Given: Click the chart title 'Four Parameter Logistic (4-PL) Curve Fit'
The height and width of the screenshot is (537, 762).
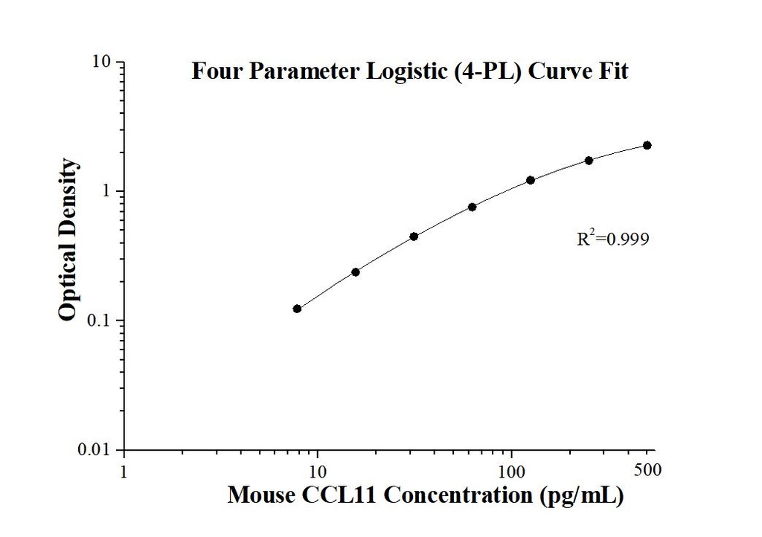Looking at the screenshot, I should pos(410,71).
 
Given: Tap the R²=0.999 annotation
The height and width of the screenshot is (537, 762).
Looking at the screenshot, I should pos(613,239).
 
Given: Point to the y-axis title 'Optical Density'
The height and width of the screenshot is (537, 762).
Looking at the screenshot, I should pos(68,240).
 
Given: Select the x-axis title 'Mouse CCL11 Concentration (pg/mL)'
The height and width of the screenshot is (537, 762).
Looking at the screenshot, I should pos(425,494).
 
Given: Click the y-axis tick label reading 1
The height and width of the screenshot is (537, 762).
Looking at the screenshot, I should pos(106,191).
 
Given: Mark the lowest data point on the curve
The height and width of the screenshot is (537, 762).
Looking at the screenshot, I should pos(297,309).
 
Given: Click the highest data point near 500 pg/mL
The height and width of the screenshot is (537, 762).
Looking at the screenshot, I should pos(647,145).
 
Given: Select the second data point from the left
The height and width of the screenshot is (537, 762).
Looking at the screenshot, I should pos(356,272).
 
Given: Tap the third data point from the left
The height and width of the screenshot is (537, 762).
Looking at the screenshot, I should pos(414,237).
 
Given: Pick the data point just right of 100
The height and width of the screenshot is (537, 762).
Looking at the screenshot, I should pos(531,180).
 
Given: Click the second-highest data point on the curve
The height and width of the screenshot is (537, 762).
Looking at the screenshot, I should pos(589,160).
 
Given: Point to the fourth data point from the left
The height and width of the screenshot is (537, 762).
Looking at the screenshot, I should pos(473,207).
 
